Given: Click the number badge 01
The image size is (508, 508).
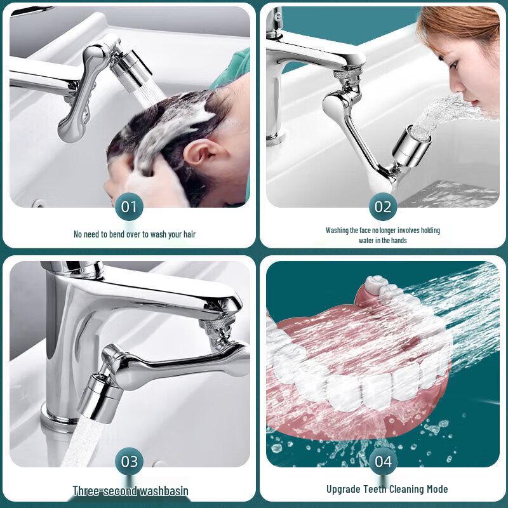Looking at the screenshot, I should coord(129,206).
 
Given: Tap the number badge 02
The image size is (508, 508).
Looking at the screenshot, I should coord(383,206).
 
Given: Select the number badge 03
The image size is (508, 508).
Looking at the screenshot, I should coord(129,461).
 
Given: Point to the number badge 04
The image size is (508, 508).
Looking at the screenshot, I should coord(383,461).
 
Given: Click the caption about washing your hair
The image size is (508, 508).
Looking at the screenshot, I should coord(135,234).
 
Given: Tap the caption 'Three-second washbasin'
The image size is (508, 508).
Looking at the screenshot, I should coord(130,490).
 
